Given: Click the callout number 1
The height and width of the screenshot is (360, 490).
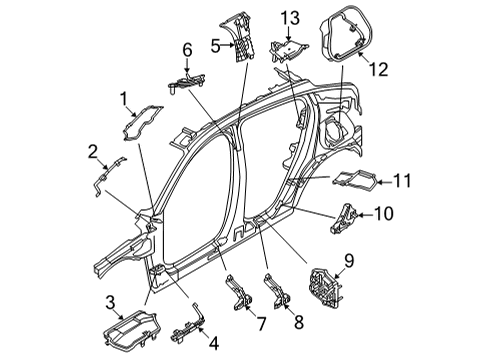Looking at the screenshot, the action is click(124, 99).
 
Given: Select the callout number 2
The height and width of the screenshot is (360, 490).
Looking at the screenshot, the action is click(93, 152).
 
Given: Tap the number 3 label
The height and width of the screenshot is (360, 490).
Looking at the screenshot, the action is click(110, 303).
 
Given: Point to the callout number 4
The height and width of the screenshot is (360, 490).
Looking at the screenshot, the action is click(214, 343).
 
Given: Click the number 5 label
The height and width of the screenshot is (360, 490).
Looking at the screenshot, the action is click(216, 46).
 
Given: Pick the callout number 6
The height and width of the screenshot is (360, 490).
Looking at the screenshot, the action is click(187, 50).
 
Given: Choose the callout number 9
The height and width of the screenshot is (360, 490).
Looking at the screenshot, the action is click(349, 261).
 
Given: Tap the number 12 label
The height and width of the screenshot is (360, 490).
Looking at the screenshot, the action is click(379, 70).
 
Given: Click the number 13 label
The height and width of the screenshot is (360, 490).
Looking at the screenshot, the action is click(290, 18).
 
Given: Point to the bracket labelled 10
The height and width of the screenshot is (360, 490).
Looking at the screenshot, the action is click(343, 217).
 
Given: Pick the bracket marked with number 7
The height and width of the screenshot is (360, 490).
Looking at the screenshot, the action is click(239, 291).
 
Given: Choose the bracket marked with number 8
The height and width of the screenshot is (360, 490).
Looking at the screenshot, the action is click(277, 291).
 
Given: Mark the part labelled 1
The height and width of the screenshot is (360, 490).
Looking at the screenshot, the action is click(143, 123).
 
